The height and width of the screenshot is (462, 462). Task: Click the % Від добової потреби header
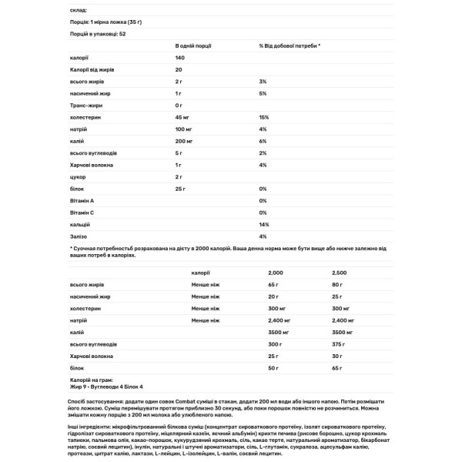click(290, 45)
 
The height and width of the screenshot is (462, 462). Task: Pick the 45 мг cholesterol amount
click(182, 116)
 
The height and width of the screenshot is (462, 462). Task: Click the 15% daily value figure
click(263, 116)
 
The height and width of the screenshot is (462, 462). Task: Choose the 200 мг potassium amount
click(184, 141)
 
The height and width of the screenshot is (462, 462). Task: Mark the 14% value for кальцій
click(263, 224)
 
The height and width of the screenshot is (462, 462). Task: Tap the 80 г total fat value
click(336, 285)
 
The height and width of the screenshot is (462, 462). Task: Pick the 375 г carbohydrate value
click(338, 346)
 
